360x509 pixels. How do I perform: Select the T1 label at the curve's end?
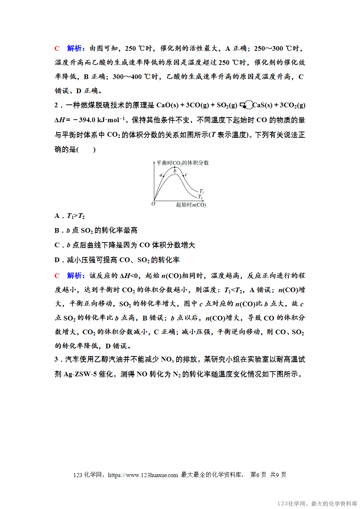pos(202,191)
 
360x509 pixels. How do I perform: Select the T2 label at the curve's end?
pos(200,197)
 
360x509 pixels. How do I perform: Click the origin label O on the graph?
pos(153,204)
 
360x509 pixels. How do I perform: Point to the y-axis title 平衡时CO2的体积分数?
pos(182,163)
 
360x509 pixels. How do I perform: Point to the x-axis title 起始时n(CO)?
pos(191,205)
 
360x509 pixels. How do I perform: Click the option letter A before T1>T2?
pos(57,216)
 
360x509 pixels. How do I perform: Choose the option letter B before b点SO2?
pos(57,231)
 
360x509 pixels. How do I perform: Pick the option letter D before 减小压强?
pos(57,260)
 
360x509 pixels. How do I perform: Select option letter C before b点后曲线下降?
pos(57,245)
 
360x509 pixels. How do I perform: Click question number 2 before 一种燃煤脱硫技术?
pos(56,105)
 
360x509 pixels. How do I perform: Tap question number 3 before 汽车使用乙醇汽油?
pos(56,359)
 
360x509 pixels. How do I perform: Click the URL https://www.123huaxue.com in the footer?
pos(143,475)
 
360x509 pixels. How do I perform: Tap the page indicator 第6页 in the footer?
pos(258,475)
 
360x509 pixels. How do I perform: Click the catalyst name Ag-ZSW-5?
pos(80,374)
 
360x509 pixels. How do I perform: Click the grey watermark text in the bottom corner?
pos(317,504)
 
